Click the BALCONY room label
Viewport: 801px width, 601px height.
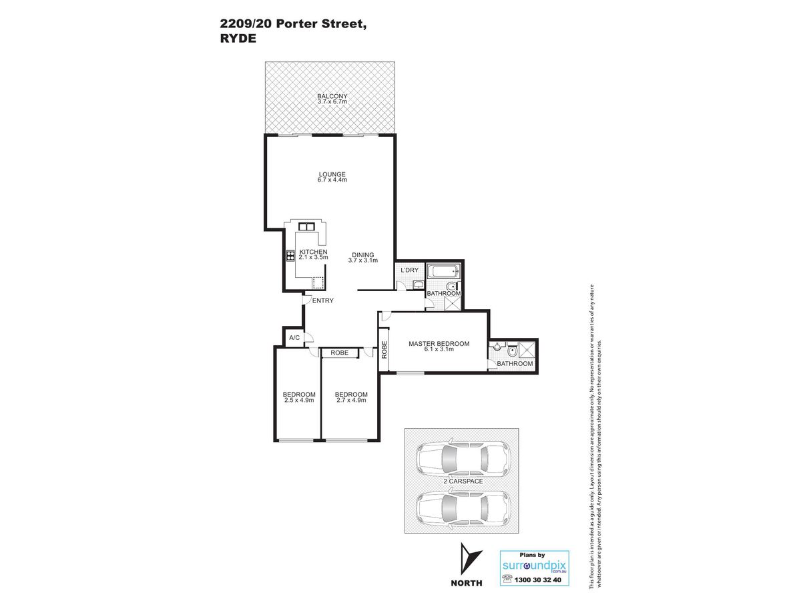point(332,96)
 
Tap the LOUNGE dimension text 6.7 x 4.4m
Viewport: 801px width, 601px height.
point(332,180)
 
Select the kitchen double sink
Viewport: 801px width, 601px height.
point(306,226)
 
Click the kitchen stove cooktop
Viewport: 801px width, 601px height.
point(290,256)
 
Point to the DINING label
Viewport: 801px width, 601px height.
point(362,255)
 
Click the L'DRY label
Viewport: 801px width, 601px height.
point(409,270)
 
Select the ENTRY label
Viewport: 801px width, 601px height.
point(322,300)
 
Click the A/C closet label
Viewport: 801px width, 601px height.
point(294,337)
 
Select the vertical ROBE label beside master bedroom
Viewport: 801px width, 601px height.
point(384,349)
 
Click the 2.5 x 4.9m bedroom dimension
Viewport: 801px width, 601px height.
point(299,400)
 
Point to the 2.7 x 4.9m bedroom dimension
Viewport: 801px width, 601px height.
point(351,400)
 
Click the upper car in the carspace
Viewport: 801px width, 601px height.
point(463,458)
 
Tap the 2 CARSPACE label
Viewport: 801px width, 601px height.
point(463,481)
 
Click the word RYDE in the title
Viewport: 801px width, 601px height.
point(238,38)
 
